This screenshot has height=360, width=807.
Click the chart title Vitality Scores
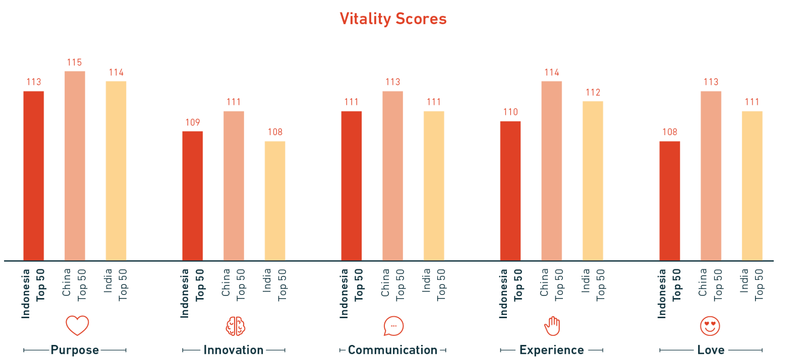coord(393,19)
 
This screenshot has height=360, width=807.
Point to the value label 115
coord(74,63)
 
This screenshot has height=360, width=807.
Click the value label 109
coord(193,123)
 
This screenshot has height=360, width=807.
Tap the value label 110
coord(510,112)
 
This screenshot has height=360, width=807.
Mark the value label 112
coord(593,93)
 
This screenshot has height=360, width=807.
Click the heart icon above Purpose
coord(77,326)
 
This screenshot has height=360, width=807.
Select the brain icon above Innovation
coord(236,326)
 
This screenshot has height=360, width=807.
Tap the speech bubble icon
coord(393,326)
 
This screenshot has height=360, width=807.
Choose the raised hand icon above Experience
coord(552,326)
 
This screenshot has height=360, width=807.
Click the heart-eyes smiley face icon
coord(710,326)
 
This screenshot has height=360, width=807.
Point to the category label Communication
coord(392,350)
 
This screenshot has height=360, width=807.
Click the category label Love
coord(711,350)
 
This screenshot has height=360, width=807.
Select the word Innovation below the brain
coord(234,350)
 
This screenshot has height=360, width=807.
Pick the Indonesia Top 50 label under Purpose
coord(33,292)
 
